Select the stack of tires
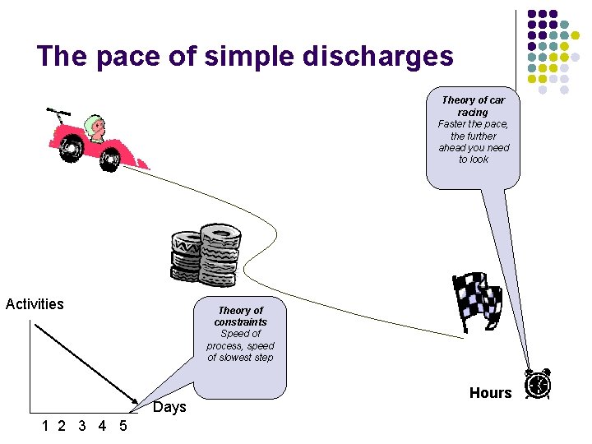click(206, 255)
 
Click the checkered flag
click(478, 299)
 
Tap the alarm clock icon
click(539, 385)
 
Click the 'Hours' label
click(490, 393)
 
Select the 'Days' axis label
click(170, 407)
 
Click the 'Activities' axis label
click(35, 304)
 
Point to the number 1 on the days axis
click(47, 426)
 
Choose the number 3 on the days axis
click(81, 426)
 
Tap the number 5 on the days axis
click(123, 426)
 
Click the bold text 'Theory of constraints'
click(240, 316)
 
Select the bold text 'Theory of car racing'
click(473, 105)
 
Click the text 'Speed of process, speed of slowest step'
click(240, 345)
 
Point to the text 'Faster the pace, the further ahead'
click(474, 136)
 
